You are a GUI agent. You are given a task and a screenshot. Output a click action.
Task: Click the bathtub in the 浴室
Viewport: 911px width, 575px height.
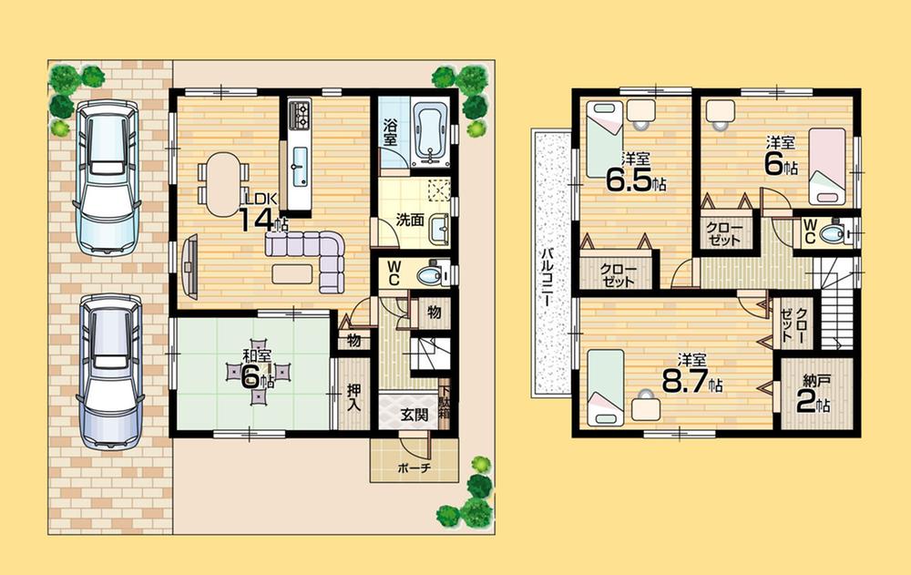[x=428, y=133]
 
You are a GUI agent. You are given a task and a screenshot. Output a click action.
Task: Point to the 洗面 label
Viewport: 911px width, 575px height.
[x=410, y=220]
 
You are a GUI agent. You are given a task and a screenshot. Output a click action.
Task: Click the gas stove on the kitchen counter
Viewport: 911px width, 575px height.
[x=301, y=114]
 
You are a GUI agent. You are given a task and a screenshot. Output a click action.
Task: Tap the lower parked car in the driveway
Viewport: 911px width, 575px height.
[x=110, y=369]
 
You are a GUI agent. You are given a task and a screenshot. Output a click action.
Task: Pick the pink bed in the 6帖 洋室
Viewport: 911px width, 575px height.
[x=828, y=167]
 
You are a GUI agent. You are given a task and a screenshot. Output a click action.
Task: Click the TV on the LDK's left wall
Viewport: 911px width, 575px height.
[x=190, y=263]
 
